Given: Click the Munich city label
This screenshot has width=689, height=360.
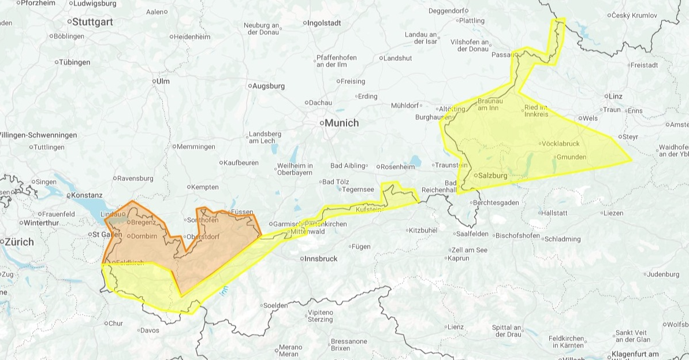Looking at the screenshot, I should pyautogui.click(x=341, y=123).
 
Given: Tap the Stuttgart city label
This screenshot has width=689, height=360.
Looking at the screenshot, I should pyautogui.click(x=92, y=22).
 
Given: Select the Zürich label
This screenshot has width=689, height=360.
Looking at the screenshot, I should pyautogui.click(x=19, y=242).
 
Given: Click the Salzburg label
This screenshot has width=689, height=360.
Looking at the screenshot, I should pyautogui.click(x=493, y=175).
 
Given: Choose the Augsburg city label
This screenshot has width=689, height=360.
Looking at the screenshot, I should pyautogui.click(x=269, y=86).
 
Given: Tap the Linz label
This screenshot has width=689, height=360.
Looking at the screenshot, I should pyautogui.click(x=614, y=96).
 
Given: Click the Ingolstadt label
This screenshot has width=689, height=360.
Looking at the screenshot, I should pyautogui.click(x=325, y=23).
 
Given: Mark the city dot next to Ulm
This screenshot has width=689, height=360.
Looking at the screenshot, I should pyautogui.click(x=154, y=81).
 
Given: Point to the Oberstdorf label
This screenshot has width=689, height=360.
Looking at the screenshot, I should pyautogui.click(x=202, y=237).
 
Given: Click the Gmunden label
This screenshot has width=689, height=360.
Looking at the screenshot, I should pyautogui.click(x=572, y=157).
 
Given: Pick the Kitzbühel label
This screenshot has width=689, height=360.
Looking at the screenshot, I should pyautogui.click(x=424, y=230).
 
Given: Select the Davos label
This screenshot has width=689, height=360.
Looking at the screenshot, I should pyautogui.click(x=149, y=331).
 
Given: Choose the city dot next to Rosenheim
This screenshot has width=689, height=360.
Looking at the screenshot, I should pyautogui.click(x=378, y=167).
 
